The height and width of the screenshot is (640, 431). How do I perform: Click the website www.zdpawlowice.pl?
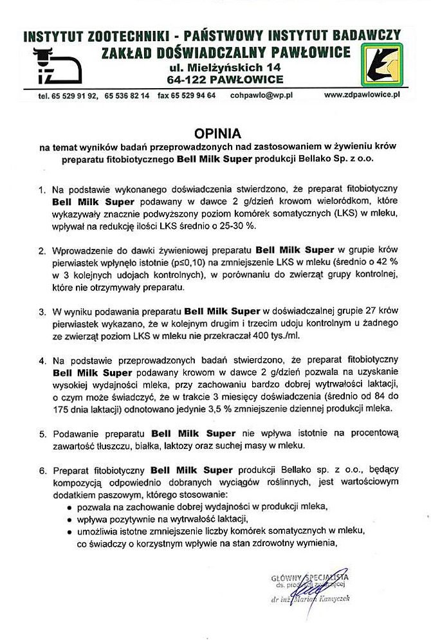click(362, 95)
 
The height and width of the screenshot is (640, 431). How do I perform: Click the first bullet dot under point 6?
click(69, 507)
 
